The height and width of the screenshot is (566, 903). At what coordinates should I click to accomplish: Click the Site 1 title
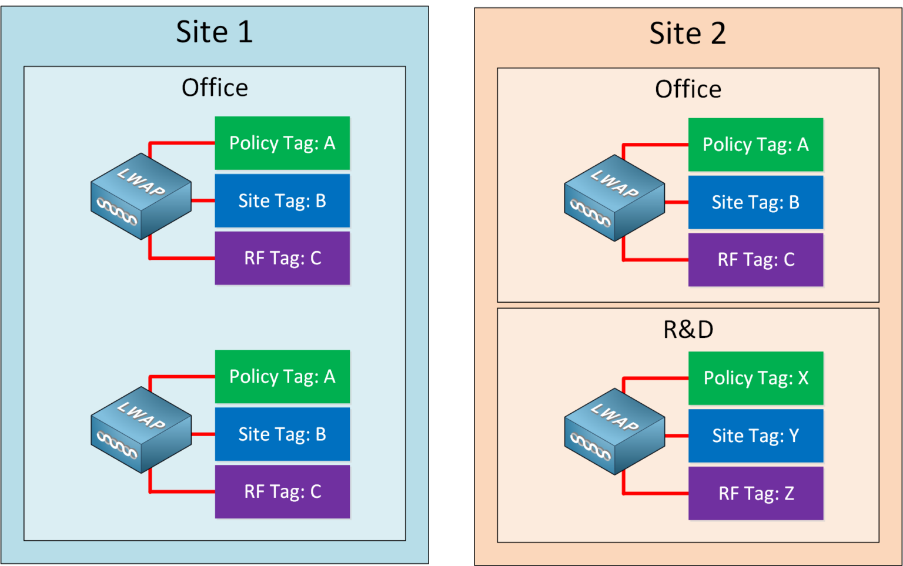click(214, 32)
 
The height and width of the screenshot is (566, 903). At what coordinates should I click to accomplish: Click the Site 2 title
click(687, 34)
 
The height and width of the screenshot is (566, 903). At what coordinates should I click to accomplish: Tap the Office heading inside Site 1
click(215, 88)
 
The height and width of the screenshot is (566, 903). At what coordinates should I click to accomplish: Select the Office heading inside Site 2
click(688, 89)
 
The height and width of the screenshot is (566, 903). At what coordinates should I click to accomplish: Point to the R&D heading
click(688, 330)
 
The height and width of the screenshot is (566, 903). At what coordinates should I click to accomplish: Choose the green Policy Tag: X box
click(755, 378)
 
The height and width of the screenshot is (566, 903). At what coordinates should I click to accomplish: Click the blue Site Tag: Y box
click(755, 436)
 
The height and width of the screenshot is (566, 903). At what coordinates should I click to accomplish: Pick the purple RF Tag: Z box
click(755, 493)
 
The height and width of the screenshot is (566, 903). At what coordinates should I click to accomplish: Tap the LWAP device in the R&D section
click(614, 431)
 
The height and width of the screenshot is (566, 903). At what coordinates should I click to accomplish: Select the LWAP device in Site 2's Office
click(614, 198)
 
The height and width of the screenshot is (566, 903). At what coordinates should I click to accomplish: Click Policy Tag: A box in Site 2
click(755, 145)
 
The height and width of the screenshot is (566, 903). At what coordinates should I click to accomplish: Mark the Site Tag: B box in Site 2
click(755, 202)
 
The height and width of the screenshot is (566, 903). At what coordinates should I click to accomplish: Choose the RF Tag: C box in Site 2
click(755, 260)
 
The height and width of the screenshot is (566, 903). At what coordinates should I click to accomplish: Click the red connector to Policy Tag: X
click(655, 378)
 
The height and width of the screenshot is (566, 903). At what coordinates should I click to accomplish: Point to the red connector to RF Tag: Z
click(655, 493)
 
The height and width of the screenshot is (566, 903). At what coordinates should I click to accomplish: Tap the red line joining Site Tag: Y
click(676, 436)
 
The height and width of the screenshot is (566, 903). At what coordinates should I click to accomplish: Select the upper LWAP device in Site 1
click(141, 196)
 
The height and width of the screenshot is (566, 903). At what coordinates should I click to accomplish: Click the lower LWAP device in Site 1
click(141, 430)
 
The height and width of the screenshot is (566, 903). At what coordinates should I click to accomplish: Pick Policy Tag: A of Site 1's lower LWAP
click(282, 377)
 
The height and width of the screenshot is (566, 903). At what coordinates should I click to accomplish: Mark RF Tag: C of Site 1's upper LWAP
click(282, 258)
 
